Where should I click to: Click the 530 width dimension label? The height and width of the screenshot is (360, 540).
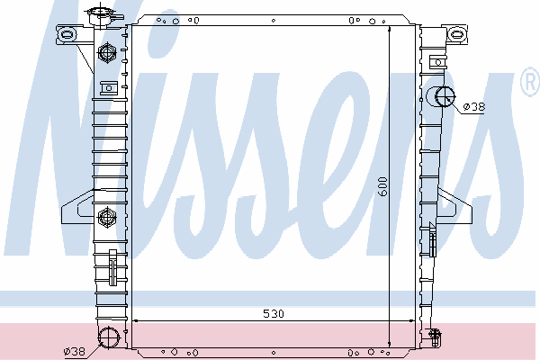coord(274,313)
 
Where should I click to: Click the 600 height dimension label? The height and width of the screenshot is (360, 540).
coord(382,186)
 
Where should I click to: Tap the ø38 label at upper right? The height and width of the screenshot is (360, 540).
coord(474,107)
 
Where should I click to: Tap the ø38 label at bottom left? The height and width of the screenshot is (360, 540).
coord(75,351)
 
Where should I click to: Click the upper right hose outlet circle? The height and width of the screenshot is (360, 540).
coord(445,96)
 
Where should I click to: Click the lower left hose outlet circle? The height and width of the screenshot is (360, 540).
coord(109,337)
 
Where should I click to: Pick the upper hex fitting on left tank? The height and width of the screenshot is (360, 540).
coord(107,53)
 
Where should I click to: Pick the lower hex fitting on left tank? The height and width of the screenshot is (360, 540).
coord(107,217)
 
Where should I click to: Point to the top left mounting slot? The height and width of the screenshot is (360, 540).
coord(67,34)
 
